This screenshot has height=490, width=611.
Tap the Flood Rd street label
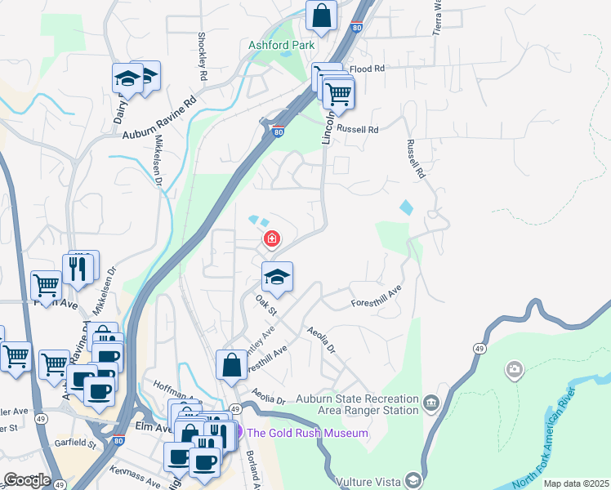367,69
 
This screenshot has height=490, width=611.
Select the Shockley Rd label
201,56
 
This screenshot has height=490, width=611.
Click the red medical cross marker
270,239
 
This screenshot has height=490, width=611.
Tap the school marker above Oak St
277,277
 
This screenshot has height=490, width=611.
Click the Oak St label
266,307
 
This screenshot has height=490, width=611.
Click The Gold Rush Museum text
307,433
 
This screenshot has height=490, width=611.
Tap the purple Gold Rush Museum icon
238,432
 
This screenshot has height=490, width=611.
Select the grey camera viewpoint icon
514,371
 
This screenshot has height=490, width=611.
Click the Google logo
26,480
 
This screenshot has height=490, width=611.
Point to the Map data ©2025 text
576,483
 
